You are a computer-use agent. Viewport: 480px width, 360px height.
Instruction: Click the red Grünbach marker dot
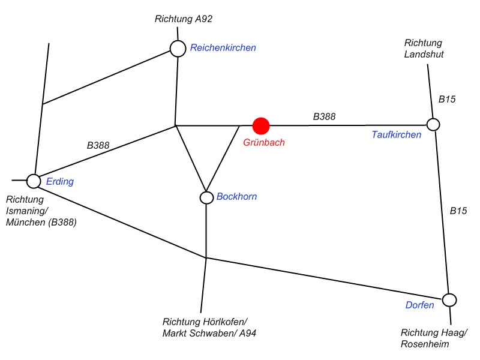[x=261, y=125]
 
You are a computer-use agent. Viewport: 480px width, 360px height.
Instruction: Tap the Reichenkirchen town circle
[x=178, y=49]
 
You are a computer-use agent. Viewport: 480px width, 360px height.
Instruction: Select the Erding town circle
[x=34, y=180]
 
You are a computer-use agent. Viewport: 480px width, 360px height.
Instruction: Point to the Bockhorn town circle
[x=206, y=197]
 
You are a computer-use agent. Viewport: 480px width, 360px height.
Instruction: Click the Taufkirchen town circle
[x=433, y=125]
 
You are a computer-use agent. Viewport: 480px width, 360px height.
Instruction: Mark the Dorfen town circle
[x=449, y=299]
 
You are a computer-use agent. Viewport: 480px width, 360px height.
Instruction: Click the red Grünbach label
[x=264, y=143]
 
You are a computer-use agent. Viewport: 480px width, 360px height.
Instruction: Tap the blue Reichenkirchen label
[x=223, y=48]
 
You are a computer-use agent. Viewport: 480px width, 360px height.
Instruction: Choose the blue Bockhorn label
[x=236, y=196]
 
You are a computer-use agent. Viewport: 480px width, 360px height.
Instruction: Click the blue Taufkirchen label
[x=397, y=135]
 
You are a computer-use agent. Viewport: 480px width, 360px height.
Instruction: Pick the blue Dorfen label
[x=419, y=305]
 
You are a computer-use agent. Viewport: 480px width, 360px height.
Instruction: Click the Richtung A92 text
[x=184, y=19]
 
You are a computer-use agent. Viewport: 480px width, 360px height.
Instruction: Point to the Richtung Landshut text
[x=424, y=49]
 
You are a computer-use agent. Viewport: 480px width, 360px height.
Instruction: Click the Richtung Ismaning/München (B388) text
[x=41, y=211]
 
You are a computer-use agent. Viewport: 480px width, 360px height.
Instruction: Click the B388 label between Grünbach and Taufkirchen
[x=324, y=116]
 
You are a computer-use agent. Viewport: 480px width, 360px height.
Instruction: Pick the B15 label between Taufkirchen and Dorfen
[x=458, y=211]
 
